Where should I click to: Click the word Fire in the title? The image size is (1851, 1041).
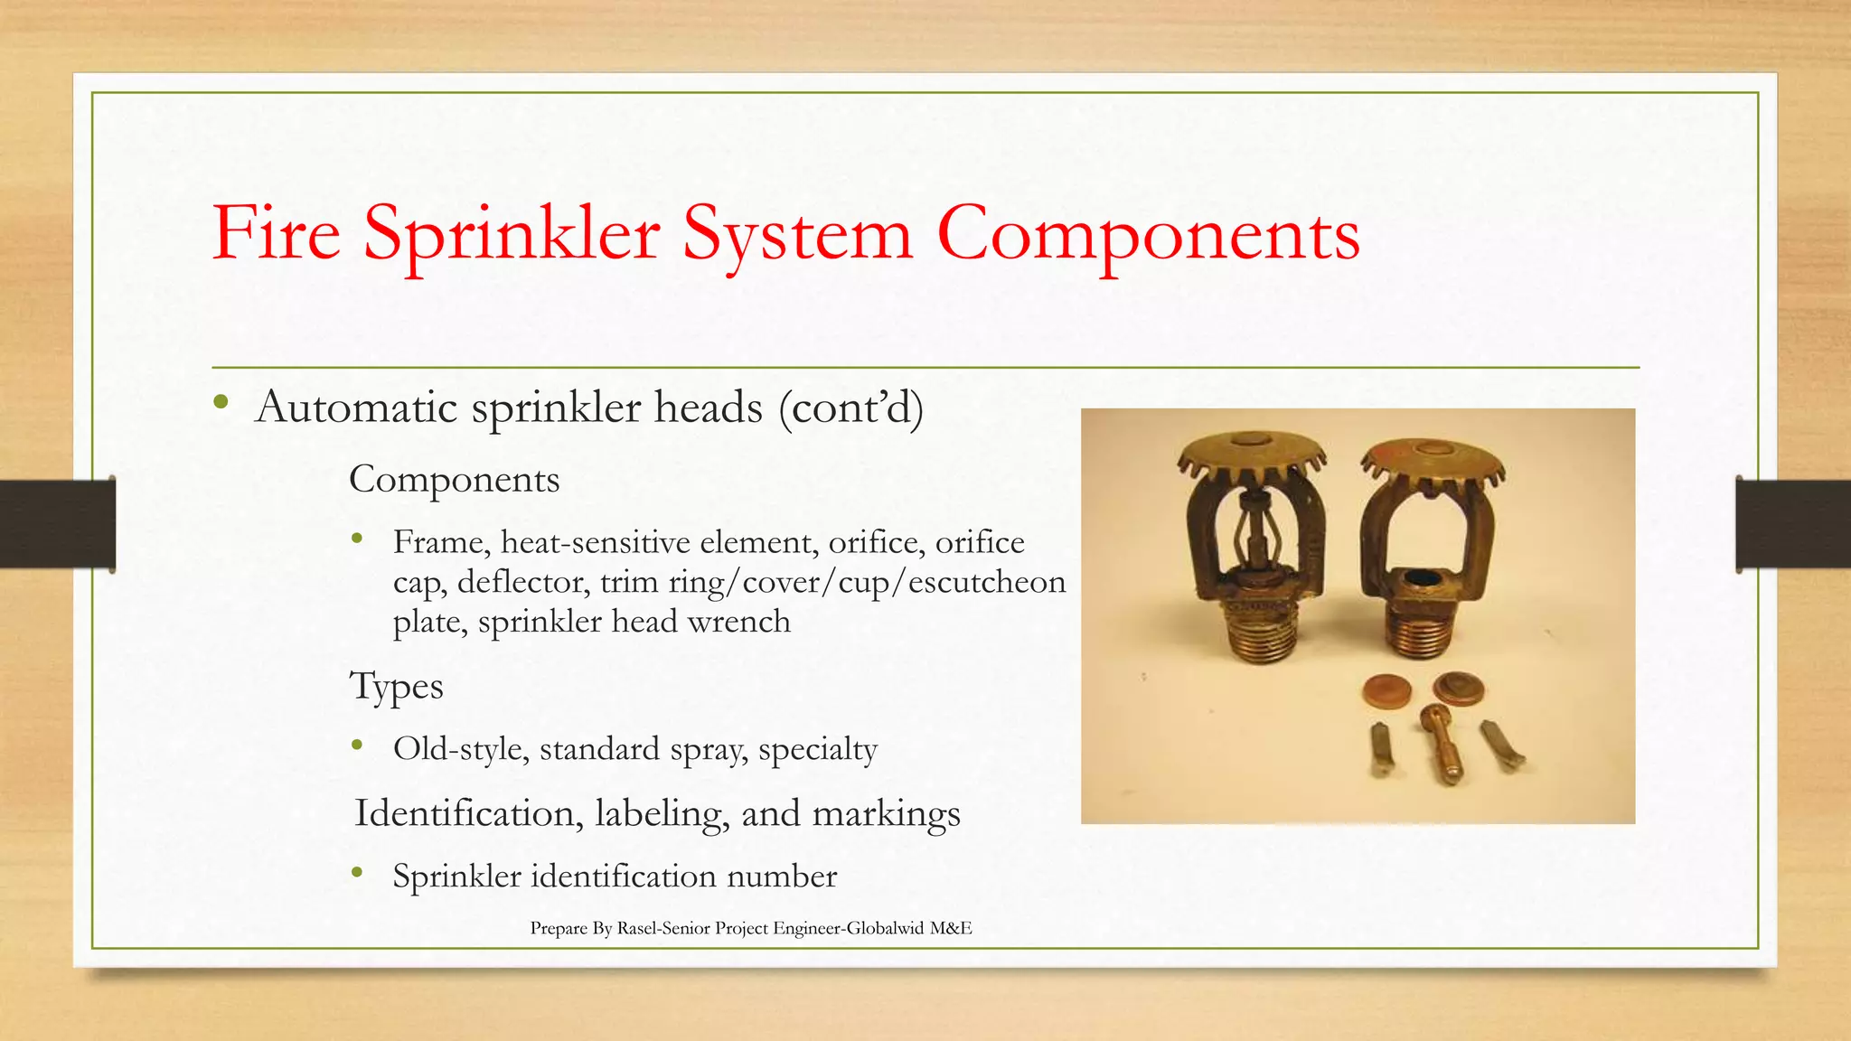276,233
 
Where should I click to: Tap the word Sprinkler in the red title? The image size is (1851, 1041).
512,233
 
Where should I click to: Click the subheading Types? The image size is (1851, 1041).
396,687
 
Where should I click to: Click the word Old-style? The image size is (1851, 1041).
460,749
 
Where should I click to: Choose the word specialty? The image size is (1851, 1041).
817,751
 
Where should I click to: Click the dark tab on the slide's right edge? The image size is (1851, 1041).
1792,524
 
